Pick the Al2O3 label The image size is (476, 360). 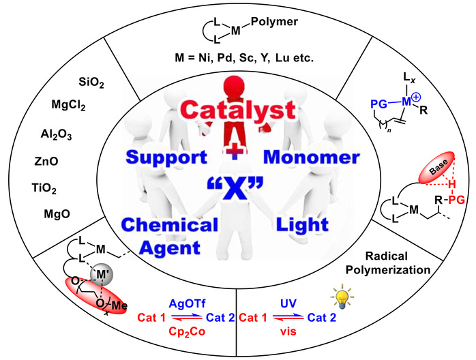56,134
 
